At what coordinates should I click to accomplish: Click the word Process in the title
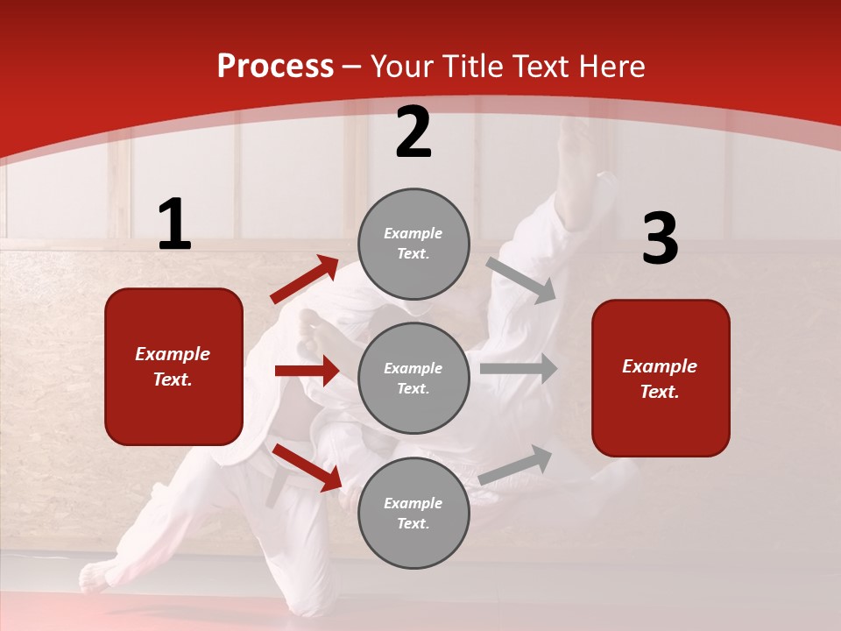point(275,67)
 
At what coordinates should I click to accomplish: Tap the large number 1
point(174,224)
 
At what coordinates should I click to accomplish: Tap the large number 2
point(413,132)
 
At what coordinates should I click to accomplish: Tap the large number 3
point(660,238)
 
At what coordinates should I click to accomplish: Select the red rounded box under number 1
point(173,366)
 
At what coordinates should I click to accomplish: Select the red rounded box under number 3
point(661,378)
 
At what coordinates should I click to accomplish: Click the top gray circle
point(413,244)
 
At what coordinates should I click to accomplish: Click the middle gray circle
point(413,378)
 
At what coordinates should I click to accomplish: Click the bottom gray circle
point(413,513)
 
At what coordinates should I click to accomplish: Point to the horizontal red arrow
point(307,371)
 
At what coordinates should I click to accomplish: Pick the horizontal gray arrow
point(518,369)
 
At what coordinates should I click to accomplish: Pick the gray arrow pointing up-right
point(515,464)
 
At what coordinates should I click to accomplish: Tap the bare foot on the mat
point(96,576)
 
